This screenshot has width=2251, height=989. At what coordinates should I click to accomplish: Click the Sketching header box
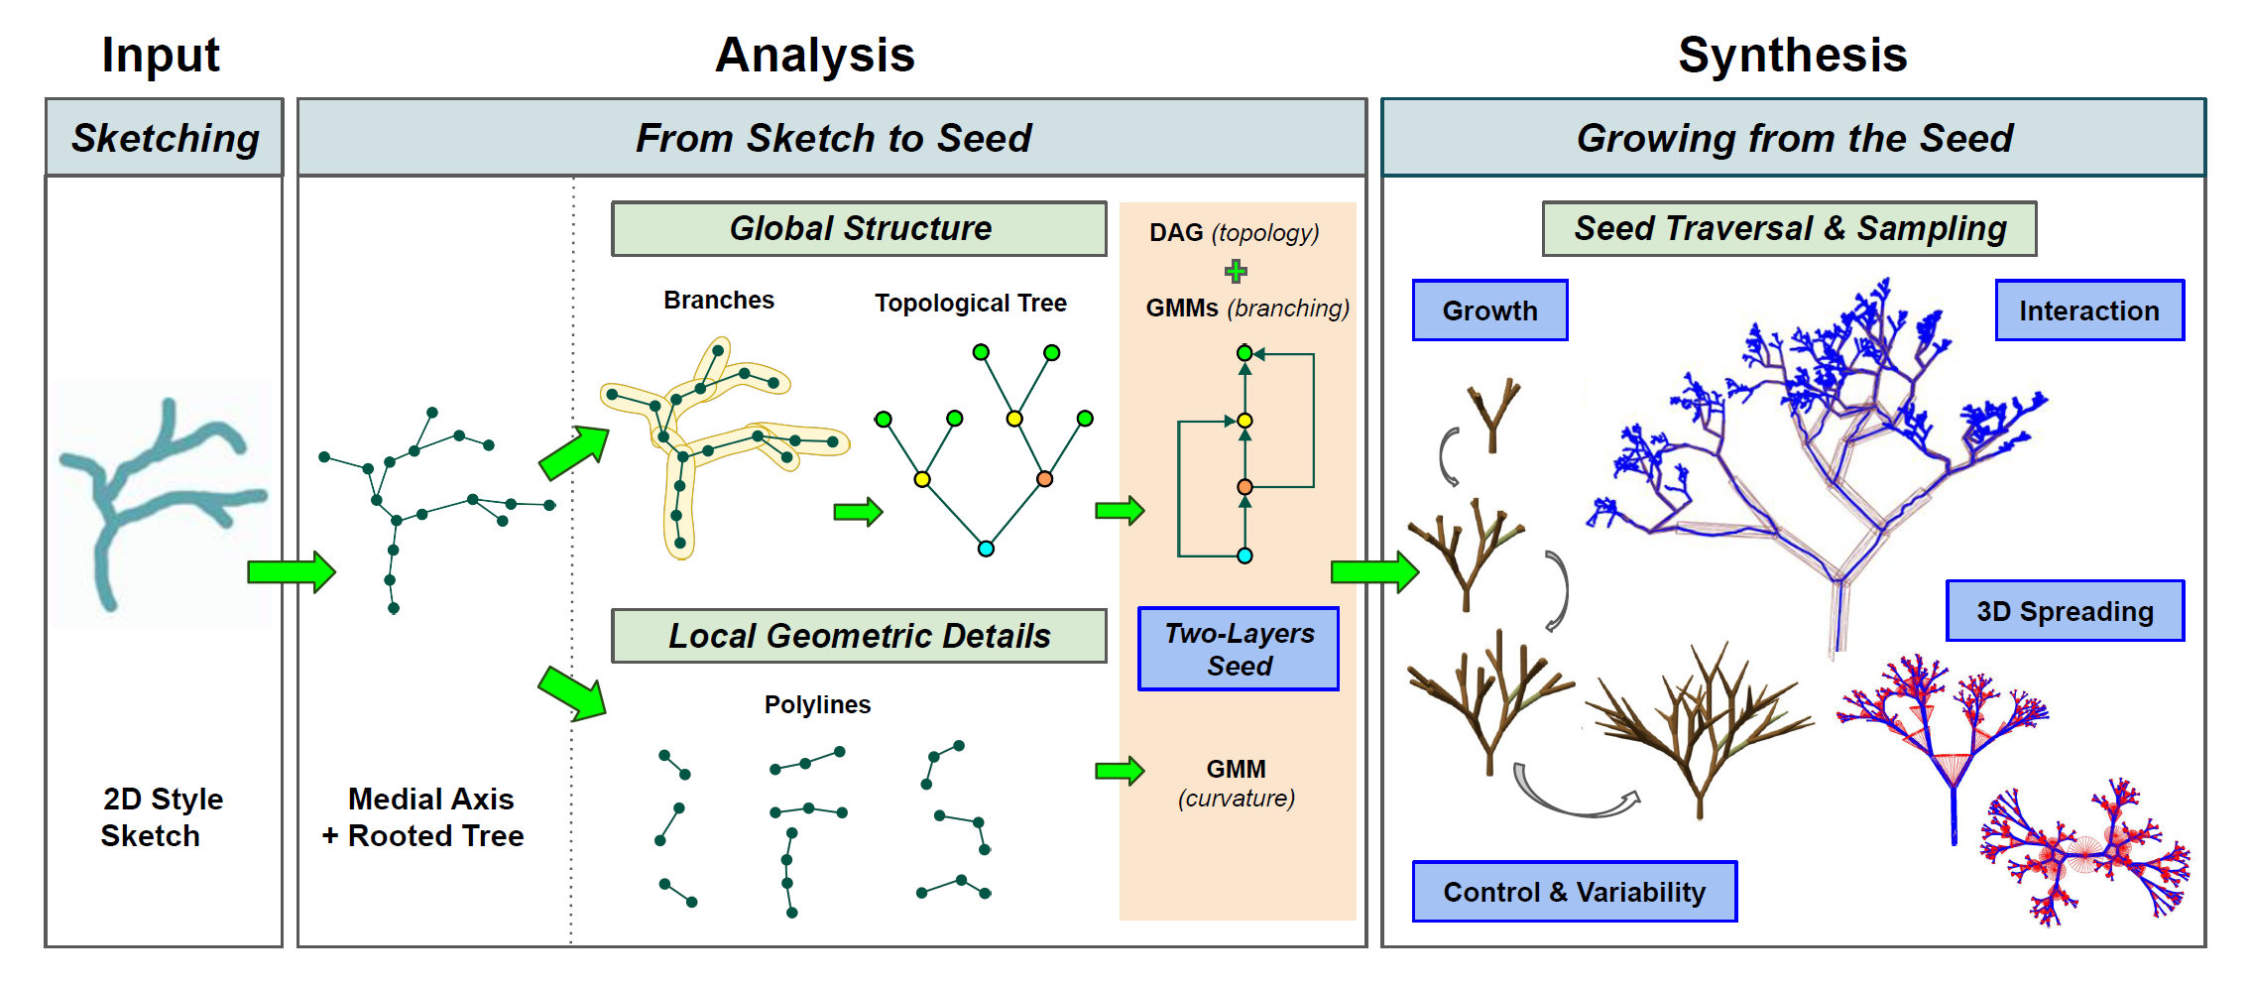click(x=165, y=138)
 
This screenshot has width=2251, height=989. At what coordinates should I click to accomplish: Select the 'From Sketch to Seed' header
click(x=832, y=138)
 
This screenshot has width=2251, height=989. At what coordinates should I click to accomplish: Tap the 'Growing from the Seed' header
click(x=1794, y=138)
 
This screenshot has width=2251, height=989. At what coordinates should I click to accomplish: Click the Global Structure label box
click(x=859, y=229)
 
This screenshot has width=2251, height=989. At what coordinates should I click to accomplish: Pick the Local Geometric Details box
click(x=859, y=636)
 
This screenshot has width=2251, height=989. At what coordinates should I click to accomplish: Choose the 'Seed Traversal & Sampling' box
click(x=1790, y=229)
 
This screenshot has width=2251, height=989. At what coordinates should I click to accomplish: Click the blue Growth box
click(x=1490, y=310)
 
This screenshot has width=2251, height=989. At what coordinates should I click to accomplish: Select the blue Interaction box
click(x=2089, y=310)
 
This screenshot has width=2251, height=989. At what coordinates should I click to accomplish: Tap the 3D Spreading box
click(x=2066, y=611)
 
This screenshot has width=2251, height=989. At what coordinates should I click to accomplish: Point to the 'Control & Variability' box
click(x=1575, y=892)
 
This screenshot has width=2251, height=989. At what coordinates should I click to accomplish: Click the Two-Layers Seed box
click(x=1239, y=649)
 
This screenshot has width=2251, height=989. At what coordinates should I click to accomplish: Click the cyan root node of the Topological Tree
click(x=986, y=549)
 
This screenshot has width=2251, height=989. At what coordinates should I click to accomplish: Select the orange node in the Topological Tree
click(x=1044, y=479)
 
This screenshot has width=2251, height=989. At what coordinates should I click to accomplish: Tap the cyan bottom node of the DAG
click(x=1244, y=556)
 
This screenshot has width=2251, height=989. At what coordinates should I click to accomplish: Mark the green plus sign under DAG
click(x=1236, y=271)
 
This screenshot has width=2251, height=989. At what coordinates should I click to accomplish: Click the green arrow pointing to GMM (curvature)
click(x=1120, y=771)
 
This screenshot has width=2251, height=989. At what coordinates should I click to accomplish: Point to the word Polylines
click(x=817, y=704)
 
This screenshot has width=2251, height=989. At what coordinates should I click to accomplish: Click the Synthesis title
click(x=1793, y=55)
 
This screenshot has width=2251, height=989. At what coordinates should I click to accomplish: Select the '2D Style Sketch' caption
click(x=163, y=817)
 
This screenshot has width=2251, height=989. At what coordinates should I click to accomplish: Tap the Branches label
click(x=719, y=301)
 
